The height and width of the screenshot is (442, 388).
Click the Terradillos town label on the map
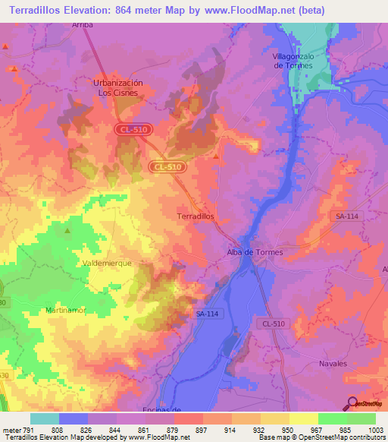pyautogui.click(x=196, y=216)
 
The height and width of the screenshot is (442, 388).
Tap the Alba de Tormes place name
pyautogui.click(x=255, y=252)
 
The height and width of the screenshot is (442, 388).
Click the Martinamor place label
pyautogui.click(x=66, y=311)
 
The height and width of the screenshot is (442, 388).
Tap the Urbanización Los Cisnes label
pyautogui.click(x=117, y=87)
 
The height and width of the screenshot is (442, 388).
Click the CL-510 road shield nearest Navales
pyautogui.click(x=275, y=324)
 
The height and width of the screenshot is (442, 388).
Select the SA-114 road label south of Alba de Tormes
pyautogui.click(x=206, y=313)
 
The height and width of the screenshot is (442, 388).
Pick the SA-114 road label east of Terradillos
pyautogui.click(x=346, y=216)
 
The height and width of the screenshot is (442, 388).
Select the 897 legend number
pyautogui.click(x=201, y=429)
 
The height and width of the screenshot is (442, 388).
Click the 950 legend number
pyautogui.click(x=287, y=429)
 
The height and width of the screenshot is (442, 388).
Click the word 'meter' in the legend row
pyautogui.click(x=11, y=429)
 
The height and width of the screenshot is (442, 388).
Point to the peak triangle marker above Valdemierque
pyautogui.click(x=67, y=230)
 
